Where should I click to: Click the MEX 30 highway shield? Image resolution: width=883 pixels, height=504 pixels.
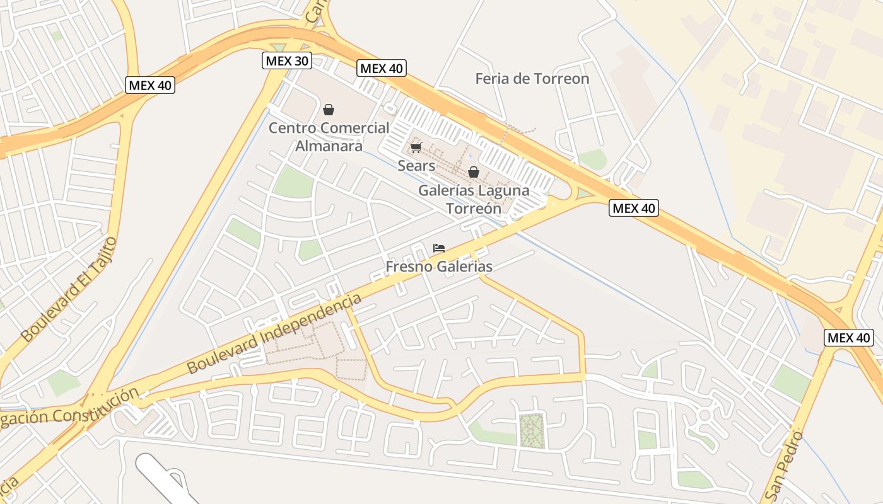pos(287,61)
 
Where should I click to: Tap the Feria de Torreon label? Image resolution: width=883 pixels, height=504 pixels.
pos(532,79)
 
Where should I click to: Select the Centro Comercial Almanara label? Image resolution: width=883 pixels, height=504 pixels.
pos(329,137)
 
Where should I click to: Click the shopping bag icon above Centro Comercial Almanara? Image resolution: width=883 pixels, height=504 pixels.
pos(329,110)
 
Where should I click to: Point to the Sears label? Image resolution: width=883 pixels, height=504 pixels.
pos(416,166)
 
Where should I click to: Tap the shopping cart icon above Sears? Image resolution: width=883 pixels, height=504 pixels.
pos(416,148)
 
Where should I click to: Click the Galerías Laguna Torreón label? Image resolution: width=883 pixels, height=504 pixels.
pos(474,199)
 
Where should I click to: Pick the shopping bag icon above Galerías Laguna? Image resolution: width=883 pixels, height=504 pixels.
pos(474,172)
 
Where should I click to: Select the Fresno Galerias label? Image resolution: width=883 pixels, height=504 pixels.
pos(439,266)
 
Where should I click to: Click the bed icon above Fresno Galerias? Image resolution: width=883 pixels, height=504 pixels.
pos(439,248)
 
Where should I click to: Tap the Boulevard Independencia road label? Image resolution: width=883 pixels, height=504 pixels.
pos(274,334)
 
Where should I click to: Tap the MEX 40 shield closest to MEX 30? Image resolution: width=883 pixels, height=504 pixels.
pos(382,69)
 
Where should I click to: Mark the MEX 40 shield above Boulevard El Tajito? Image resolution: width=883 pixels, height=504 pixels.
pos(150,85)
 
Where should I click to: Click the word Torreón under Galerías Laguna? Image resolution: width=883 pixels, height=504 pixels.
pos(474,209)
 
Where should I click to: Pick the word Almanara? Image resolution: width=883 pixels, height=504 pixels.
pos(329,146)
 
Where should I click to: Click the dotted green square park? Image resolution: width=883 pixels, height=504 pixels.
pos(532,432)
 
